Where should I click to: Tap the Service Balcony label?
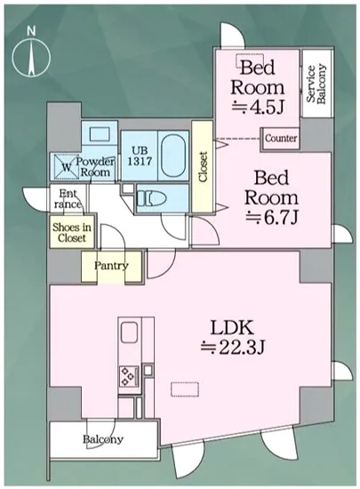[x=316, y=84]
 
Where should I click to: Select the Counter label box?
[x=281, y=138]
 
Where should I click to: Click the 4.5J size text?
[x=258, y=108]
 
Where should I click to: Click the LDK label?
[x=232, y=329]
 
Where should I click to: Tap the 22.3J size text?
[x=233, y=347]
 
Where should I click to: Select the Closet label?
[x=203, y=167]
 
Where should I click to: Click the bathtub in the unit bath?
[x=174, y=156]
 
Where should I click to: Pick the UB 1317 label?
[x=140, y=156]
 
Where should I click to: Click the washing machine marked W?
[x=66, y=166]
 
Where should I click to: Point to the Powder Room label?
[x=95, y=167]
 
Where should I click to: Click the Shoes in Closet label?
[x=72, y=232]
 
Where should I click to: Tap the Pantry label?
[x=111, y=266]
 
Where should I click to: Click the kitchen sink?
[x=130, y=333]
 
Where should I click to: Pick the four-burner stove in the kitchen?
[x=129, y=376]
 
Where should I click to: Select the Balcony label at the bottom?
[x=103, y=439]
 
